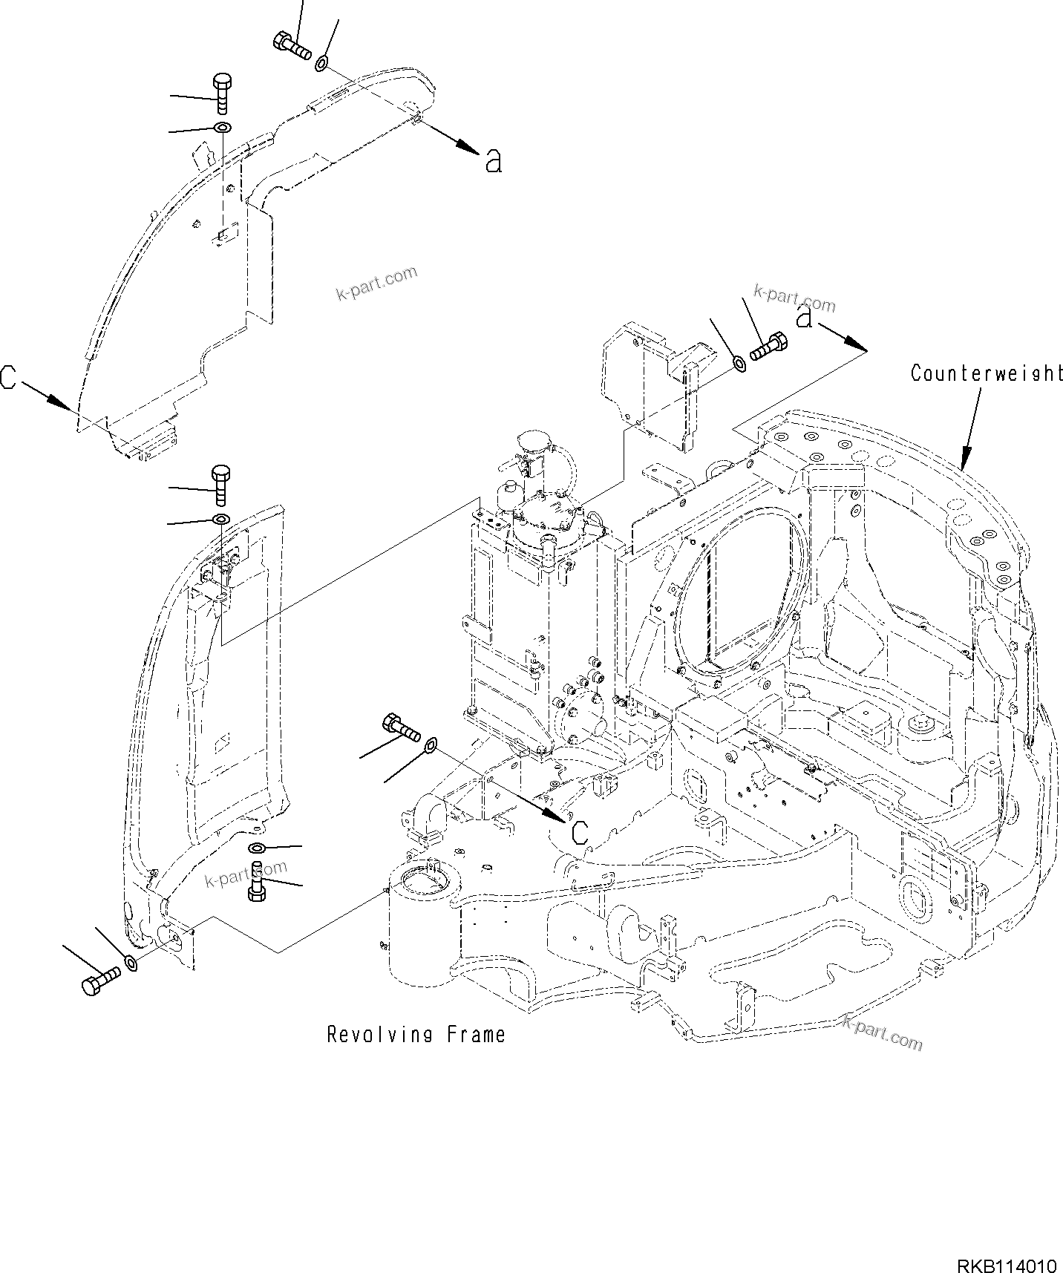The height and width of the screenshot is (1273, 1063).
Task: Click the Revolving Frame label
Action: tap(416, 1035)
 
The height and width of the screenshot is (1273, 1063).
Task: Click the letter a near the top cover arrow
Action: tap(494, 160)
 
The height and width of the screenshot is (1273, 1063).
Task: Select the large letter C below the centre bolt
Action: tap(581, 833)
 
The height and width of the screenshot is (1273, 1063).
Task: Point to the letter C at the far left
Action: tap(8, 377)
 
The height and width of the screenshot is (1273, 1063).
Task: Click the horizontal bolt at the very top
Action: tap(292, 46)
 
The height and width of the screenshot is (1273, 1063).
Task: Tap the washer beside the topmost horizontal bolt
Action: tap(322, 63)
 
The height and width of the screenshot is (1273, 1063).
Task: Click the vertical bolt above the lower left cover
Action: tap(221, 484)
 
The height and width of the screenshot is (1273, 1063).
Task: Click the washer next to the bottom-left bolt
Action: tap(131, 963)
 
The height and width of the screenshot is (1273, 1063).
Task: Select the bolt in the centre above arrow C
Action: tap(400, 725)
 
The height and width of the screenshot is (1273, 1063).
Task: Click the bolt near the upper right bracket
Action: tap(768, 347)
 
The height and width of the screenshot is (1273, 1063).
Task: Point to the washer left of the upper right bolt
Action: tap(739, 363)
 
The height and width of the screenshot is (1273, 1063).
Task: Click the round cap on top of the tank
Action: tap(531, 443)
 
